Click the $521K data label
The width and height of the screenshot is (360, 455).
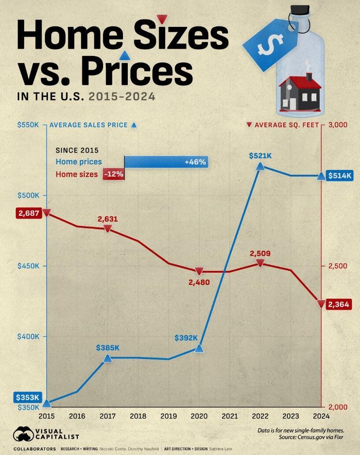tap(260, 155)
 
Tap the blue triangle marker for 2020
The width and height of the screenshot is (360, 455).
tap(199, 348)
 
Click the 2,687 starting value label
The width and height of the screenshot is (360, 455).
tap(29, 213)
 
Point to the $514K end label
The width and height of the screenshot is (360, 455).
tap(340, 176)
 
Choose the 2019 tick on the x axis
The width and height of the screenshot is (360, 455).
tap(169, 416)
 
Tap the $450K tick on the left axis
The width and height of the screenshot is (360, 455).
tap(28, 266)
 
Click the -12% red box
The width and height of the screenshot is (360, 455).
tap(113, 174)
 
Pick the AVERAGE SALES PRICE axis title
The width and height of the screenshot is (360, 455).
tap(88, 125)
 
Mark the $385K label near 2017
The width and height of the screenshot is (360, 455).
tap(108, 348)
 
